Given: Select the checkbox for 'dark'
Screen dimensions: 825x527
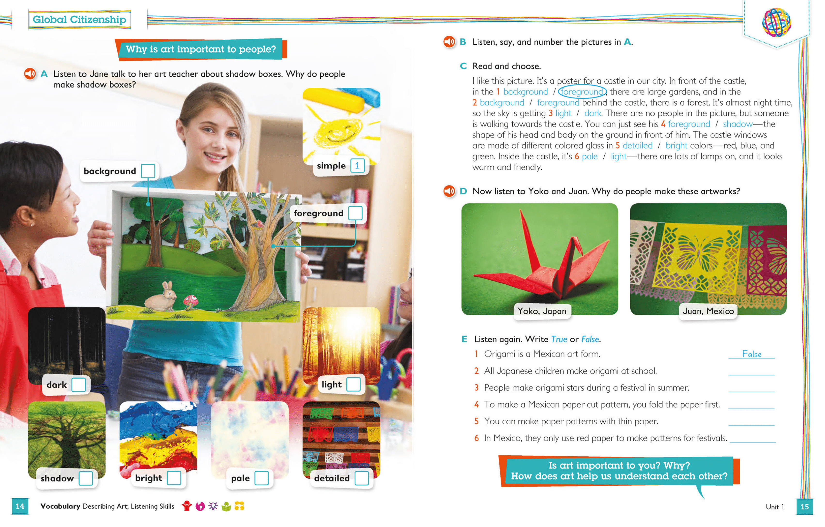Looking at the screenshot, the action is click(78, 385).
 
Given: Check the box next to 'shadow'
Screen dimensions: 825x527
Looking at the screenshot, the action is click(86, 478).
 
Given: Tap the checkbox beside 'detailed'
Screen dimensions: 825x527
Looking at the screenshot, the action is click(362, 478).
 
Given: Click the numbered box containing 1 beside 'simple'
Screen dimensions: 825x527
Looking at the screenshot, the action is click(357, 166).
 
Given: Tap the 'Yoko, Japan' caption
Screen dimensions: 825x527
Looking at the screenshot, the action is click(542, 311).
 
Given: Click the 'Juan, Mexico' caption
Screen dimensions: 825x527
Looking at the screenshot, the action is click(708, 311).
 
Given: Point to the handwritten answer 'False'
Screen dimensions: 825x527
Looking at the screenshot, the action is click(752, 354).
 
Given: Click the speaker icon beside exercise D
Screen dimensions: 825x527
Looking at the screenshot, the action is click(449, 191).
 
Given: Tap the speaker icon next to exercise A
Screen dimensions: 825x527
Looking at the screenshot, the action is click(30, 74).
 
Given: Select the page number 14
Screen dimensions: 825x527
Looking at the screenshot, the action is click(20, 506).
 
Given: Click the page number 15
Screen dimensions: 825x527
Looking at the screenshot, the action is click(804, 506).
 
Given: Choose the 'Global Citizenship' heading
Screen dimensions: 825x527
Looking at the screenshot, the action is click(79, 20).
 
